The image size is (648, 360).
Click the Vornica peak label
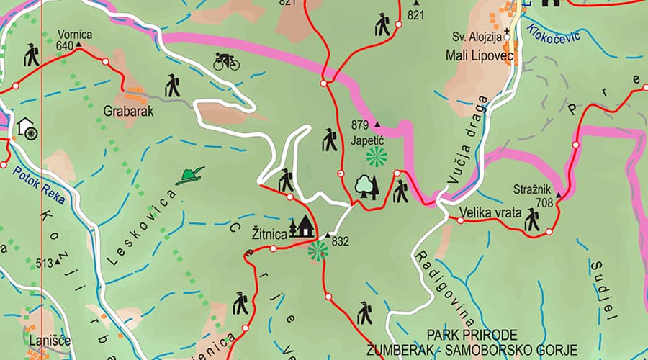(x=74, y=34)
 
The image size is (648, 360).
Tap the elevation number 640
(x=64, y=46)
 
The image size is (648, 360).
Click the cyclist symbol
(x=226, y=61)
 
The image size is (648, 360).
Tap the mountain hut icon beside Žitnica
(x=302, y=227)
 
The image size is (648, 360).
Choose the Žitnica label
(x=269, y=233)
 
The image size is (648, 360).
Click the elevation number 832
(x=340, y=242)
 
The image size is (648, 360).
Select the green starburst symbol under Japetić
(x=376, y=156)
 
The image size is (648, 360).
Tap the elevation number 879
(x=360, y=125)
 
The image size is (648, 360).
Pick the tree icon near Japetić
(x=366, y=186)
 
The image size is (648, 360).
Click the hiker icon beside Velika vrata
(x=532, y=220)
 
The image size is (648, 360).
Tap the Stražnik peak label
(x=531, y=189)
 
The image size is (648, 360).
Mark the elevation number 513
(x=43, y=264)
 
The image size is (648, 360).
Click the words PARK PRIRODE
(x=472, y=335)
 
